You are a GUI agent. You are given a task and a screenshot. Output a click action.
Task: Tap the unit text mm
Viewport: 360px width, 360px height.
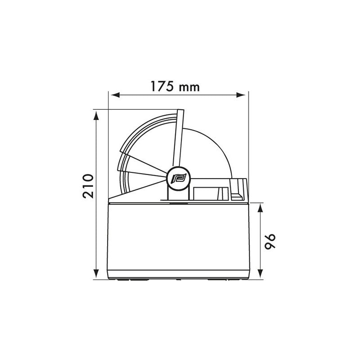point(188,87)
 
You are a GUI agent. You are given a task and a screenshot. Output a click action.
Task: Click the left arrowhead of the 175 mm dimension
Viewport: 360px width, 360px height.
point(114,95)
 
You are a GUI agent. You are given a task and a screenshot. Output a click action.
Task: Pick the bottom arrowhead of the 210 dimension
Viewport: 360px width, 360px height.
point(96,274)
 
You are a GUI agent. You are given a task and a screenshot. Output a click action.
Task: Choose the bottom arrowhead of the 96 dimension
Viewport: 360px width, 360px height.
point(261,274)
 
